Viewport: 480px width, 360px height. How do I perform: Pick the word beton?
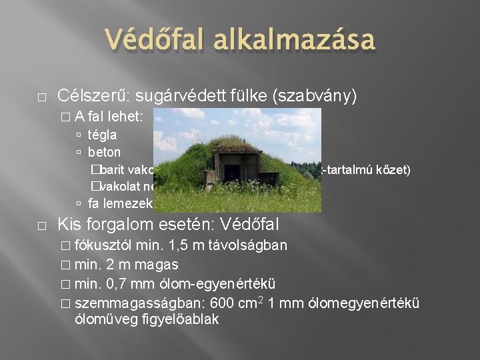[104, 152]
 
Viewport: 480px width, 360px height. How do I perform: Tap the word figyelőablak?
[178, 319]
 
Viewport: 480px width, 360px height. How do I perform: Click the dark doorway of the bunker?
[232, 173]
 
